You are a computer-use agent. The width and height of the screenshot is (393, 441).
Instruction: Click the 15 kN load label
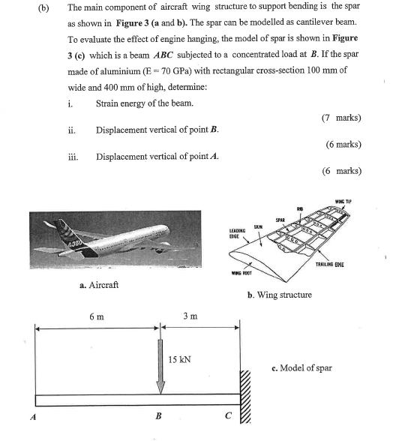click(x=180, y=359)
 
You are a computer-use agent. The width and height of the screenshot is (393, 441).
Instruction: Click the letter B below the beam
click(x=158, y=417)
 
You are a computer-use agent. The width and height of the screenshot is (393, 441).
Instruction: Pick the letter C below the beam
click(x=229, y=417)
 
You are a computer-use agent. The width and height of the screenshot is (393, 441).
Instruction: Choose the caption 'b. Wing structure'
click(x=280, y=295)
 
